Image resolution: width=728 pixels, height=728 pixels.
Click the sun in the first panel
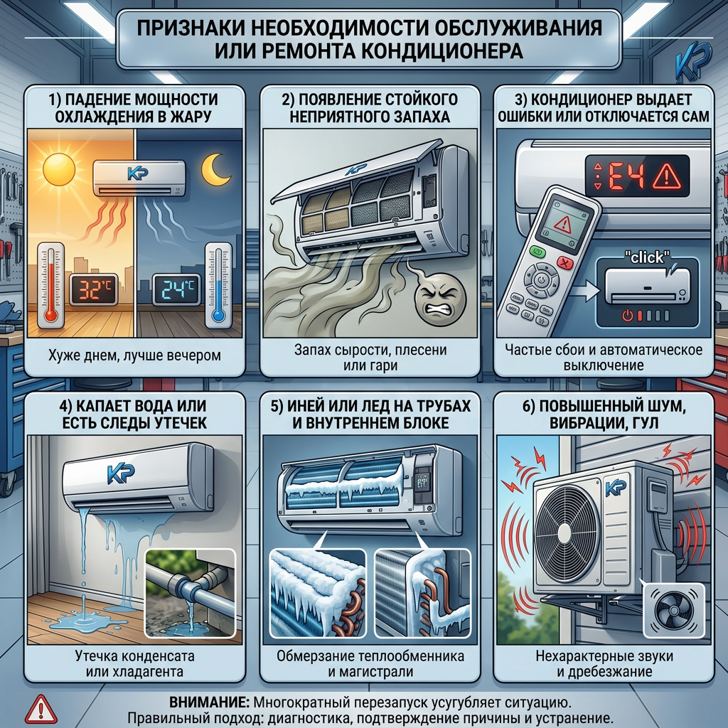click(x=59, y=169)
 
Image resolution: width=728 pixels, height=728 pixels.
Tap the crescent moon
click(x=215, y=169)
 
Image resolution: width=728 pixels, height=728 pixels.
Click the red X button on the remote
click(x=564, y=263)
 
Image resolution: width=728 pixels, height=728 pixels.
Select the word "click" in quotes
click(x=647, y=257)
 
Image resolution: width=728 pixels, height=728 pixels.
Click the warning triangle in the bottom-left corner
click(x=41, y=710)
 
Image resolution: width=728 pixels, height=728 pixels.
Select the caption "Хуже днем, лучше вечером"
click(x=134, y=355)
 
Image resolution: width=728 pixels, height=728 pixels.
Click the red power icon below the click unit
click(x=628, y=316)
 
